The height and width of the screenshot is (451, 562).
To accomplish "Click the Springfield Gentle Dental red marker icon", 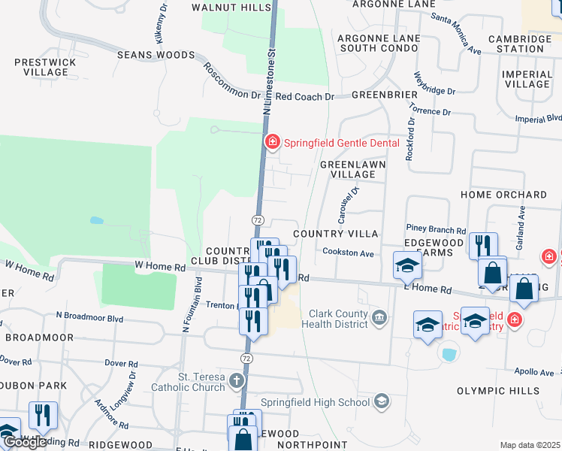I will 271,141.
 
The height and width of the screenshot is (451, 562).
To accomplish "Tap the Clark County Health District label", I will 336,319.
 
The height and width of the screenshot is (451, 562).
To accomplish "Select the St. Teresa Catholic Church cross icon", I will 237,380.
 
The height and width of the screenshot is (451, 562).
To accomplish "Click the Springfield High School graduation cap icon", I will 382,401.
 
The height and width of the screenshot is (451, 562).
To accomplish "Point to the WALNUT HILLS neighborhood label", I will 231,7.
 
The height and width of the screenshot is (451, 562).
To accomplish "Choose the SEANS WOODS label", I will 156,55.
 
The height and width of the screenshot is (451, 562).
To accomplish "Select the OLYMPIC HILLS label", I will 498,391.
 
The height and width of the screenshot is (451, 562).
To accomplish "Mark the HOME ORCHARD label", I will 503,195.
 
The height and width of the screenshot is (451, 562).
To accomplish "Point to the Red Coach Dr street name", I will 304,97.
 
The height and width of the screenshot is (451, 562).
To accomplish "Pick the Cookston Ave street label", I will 348,253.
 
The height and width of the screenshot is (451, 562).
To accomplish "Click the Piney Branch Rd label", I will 436,230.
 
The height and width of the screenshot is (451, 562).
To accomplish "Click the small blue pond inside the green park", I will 95,221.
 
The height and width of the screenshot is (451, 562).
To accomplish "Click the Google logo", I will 25,442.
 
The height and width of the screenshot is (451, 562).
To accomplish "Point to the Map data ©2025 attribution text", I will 529,445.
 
